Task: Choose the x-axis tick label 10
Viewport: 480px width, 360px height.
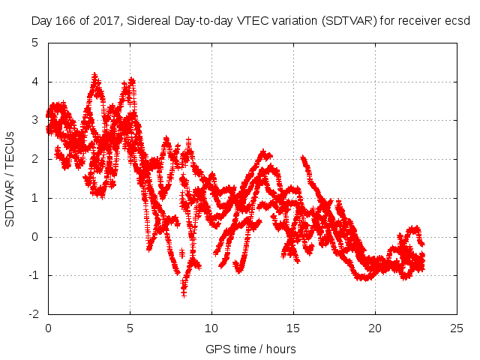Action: tap(211, 328)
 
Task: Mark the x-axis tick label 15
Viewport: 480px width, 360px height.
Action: tap(293, 328)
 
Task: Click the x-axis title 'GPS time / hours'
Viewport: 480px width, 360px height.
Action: tap(251, 349)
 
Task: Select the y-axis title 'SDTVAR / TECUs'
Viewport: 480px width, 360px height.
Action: tap(10, 178)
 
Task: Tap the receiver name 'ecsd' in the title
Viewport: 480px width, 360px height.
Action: tap(457, 21)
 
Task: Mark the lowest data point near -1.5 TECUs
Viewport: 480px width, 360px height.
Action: tap(184, 294)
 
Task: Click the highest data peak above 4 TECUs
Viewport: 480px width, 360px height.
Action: tap(94, 75)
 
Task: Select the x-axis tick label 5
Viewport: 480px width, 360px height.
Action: tap(130, 328)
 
